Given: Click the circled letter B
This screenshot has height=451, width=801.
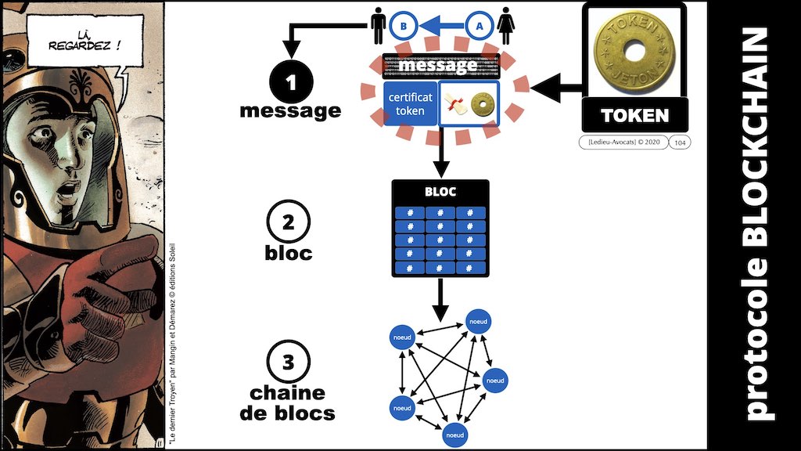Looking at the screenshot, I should pyautogui.click(x=403, y=25).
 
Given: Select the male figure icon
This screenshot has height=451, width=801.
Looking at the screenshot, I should pyautogui.click(x=377, y=25).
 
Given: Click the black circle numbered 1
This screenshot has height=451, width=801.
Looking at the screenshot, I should pyautogui.click(x=290, y=82).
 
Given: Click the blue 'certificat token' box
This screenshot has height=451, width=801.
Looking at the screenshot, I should pyautogui.click(x=409, y=103).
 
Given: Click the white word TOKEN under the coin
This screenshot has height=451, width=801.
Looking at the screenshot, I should pyautogui.click(x=634, y=116).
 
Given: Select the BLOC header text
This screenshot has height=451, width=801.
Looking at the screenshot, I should pyautogui.click(x=440, y=192).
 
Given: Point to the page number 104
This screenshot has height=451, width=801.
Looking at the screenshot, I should pyautogui.click(x=680, y=143).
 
